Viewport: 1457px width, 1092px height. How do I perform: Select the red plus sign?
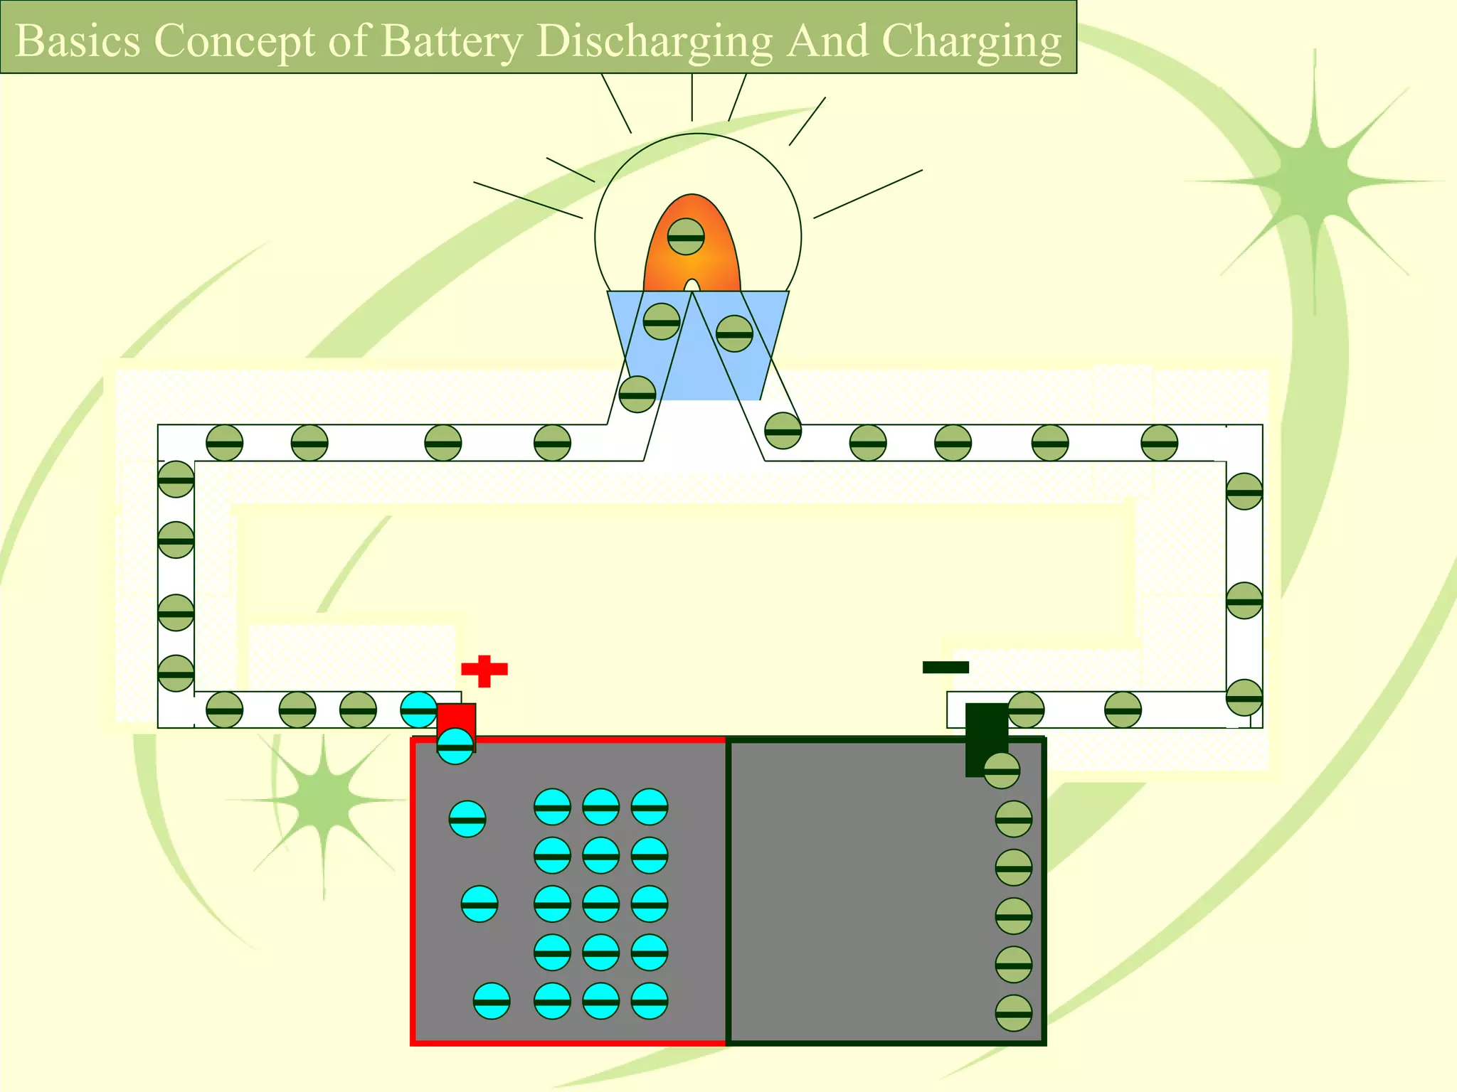484,670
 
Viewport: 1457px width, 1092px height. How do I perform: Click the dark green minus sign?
945,667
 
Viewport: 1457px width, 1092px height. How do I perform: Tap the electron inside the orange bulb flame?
686,237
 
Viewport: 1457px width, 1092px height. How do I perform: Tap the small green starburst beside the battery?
324,800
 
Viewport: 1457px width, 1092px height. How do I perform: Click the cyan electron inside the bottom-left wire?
419,710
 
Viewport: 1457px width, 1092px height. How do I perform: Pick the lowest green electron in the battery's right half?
1013,1014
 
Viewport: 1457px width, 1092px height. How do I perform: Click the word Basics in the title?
78,41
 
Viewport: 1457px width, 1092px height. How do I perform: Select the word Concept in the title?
234,41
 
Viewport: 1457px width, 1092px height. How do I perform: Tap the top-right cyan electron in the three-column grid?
649,807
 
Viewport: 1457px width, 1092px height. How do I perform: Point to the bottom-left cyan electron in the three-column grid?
552,1001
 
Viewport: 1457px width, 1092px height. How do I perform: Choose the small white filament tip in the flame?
692,286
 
